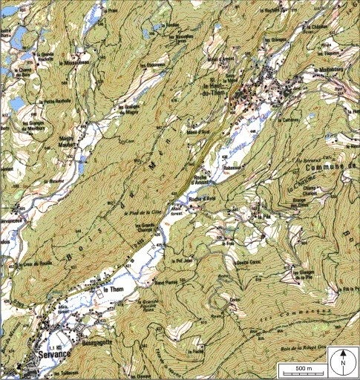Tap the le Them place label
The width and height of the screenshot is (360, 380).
coord(112,289)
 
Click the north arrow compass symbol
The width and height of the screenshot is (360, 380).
coord(343,362)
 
